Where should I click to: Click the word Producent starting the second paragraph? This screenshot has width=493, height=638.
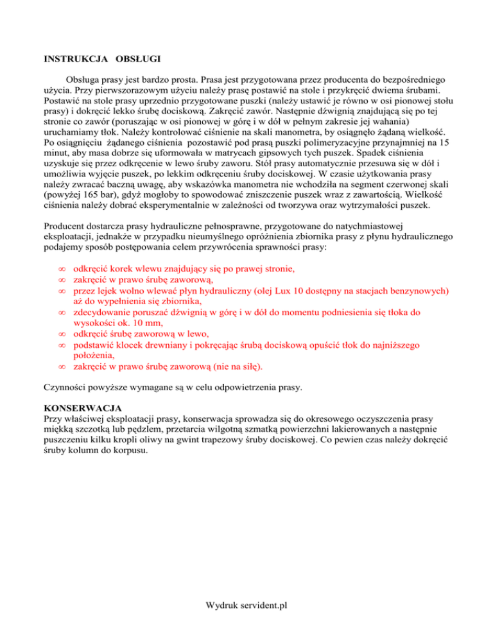(68, 225)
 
